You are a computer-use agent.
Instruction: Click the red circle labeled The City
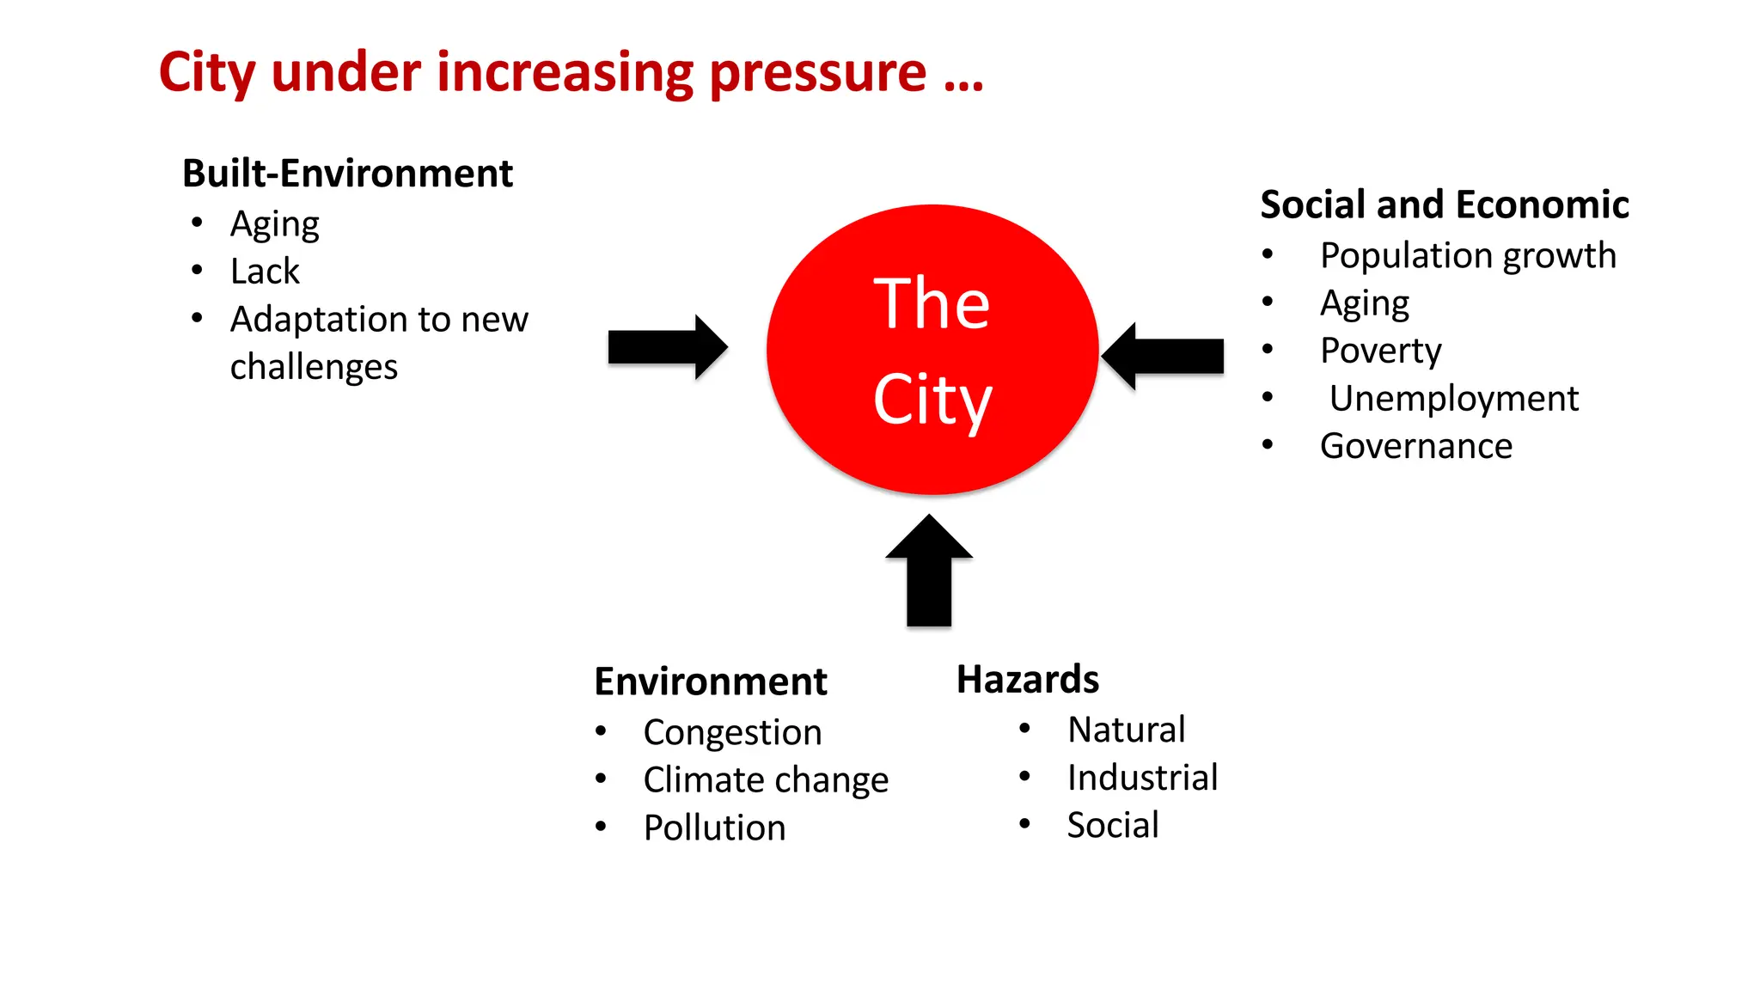[932, 350]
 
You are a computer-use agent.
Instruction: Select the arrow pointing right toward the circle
[667, 347]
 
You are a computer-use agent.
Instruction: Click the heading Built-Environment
[347, 174]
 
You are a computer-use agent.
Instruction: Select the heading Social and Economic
[1444, 205]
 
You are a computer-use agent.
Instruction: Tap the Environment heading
[710, 681]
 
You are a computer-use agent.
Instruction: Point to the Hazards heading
[1027, 679]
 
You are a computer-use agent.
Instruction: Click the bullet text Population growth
[1467, 255]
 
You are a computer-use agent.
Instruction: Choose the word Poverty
[1380, 351]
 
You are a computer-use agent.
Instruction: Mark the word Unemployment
[1453, 398]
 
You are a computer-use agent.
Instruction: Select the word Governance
[1415, 446]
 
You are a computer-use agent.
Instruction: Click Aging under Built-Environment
[274, 225]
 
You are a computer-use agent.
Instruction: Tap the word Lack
[265, 272]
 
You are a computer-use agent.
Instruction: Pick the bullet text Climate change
[765, 780]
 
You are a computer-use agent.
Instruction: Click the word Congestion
[732, 733]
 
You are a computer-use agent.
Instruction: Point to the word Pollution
[714, 828]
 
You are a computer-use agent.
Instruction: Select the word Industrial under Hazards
[1142, 778]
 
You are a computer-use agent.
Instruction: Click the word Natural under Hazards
[1126, 730]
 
